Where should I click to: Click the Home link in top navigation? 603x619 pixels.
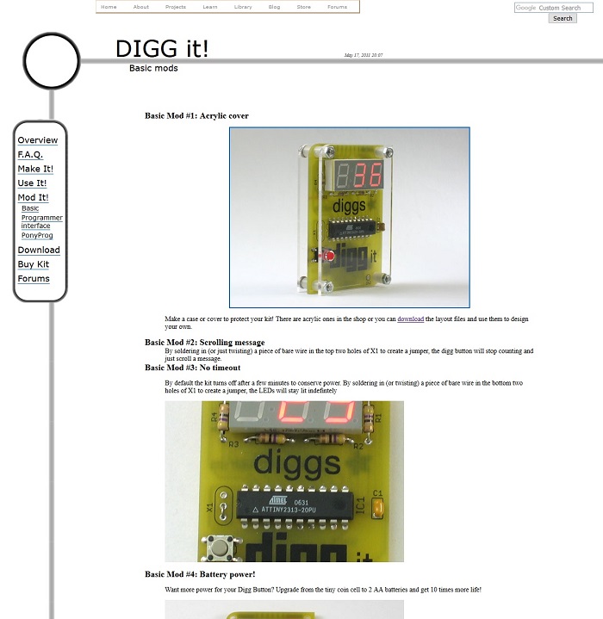click(x=109, y=7)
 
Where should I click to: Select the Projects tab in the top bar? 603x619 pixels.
click(x=176, y=7)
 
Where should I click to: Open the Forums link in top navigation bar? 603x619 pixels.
click(x=337, y=7)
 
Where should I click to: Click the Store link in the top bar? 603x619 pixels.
click(x=303, y=7)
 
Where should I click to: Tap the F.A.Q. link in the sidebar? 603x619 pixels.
click(x=30, y=155)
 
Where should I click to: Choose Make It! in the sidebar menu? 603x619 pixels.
click(x=35, y=170)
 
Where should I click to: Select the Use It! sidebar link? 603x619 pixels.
click(x=33, y=183)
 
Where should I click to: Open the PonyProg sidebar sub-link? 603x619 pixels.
click(x=37, y=235)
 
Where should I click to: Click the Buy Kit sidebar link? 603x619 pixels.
click(x=34, y=264)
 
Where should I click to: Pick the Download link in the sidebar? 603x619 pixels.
click(x=39, y=251)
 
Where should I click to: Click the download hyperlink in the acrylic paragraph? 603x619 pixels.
click(x=410, y=319)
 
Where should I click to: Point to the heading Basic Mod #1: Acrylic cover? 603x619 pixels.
click(x=196, y=115)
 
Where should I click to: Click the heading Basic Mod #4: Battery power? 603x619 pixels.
click(x=200, y=574)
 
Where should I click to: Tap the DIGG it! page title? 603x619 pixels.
click(x=162, y=49)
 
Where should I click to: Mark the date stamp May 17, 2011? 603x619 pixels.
click(x=364, y=55)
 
